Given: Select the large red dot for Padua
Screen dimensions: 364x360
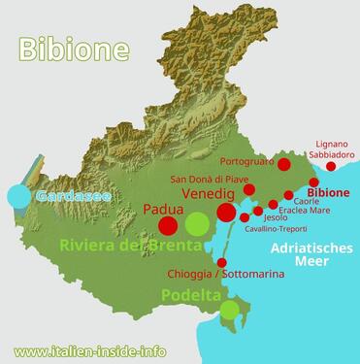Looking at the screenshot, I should pyautogui.click(x=168, y=227).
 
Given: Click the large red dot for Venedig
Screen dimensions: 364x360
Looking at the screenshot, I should pyautogui.click(x=226, y=213).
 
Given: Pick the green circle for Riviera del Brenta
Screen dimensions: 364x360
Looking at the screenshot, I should pyautogui.click(x=197, y=226).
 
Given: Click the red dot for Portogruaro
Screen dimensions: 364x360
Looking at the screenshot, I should pyautogui.click(x=283, y=164).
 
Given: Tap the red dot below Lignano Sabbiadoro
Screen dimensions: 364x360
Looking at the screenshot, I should pyautogui.click(x=331, y=167).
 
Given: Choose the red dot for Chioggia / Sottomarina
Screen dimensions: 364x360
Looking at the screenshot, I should pyautogui.click(x=222, y=263).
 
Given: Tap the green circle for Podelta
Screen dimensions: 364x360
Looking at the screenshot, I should pyautogui.click(x=229, y=311).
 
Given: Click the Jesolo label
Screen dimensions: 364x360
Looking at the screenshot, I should pyautogui.click(x=276, y=217).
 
